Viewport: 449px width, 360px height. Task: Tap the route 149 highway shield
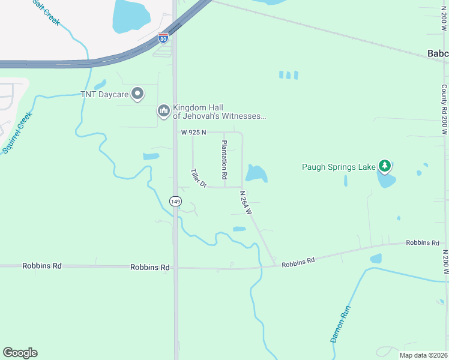click(x=175, y=202)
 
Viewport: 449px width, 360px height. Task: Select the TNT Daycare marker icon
click(x=138, y=94)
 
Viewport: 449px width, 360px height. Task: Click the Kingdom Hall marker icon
click(x=163, y=111)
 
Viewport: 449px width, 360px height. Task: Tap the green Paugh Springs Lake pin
click(x=385, y=166)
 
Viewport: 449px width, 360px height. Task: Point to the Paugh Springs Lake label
click(x=338, y=167)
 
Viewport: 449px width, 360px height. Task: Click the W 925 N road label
click(x=193, y=132)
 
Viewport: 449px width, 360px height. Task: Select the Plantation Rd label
click(x=224, y=160)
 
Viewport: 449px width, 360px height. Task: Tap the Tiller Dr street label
click(x=198, y=178)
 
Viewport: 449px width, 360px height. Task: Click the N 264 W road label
click(x=245, y=203)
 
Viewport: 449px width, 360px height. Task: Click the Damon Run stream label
click(x=340, y=325)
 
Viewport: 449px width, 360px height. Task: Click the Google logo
click(x=20, y=353)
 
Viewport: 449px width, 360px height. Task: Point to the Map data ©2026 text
click(x=423, y=355)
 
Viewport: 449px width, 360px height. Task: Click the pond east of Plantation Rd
click(x=256, y=173)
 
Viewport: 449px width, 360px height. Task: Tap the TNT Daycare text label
click(x=105, y=94)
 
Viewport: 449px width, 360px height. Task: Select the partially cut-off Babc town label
click(x=438, y=54)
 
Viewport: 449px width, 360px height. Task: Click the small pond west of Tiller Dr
click(x=151, y=157)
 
